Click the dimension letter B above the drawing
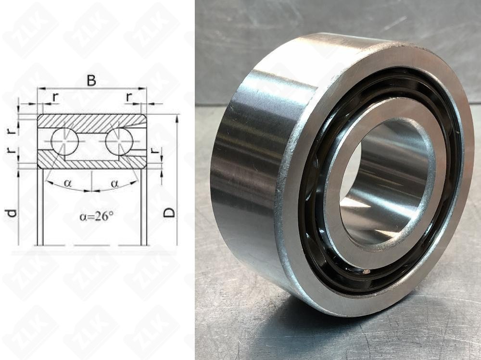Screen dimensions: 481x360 point(91,80)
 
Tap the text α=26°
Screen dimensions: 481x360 point(97,216)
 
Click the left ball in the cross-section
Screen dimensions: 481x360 point(65,141)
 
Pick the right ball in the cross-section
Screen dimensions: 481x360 point(119,141)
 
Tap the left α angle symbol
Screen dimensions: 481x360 point(68,184)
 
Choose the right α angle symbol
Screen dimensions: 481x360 point(114,184)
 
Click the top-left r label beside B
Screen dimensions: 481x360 point(55,97)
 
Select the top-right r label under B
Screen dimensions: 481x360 point(129,97)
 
